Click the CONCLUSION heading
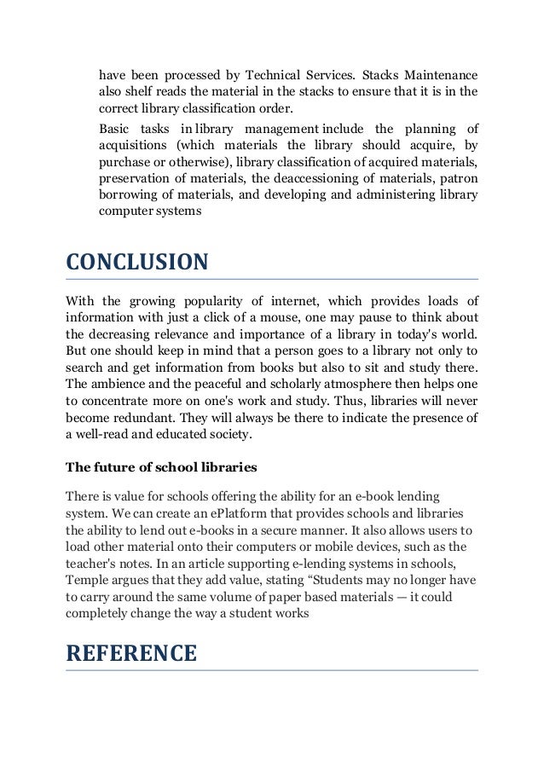(x=136, y=261)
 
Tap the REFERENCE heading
(x=131, y=653)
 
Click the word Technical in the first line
(x=266, y=75)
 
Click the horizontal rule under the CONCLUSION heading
(x=272, y=280)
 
